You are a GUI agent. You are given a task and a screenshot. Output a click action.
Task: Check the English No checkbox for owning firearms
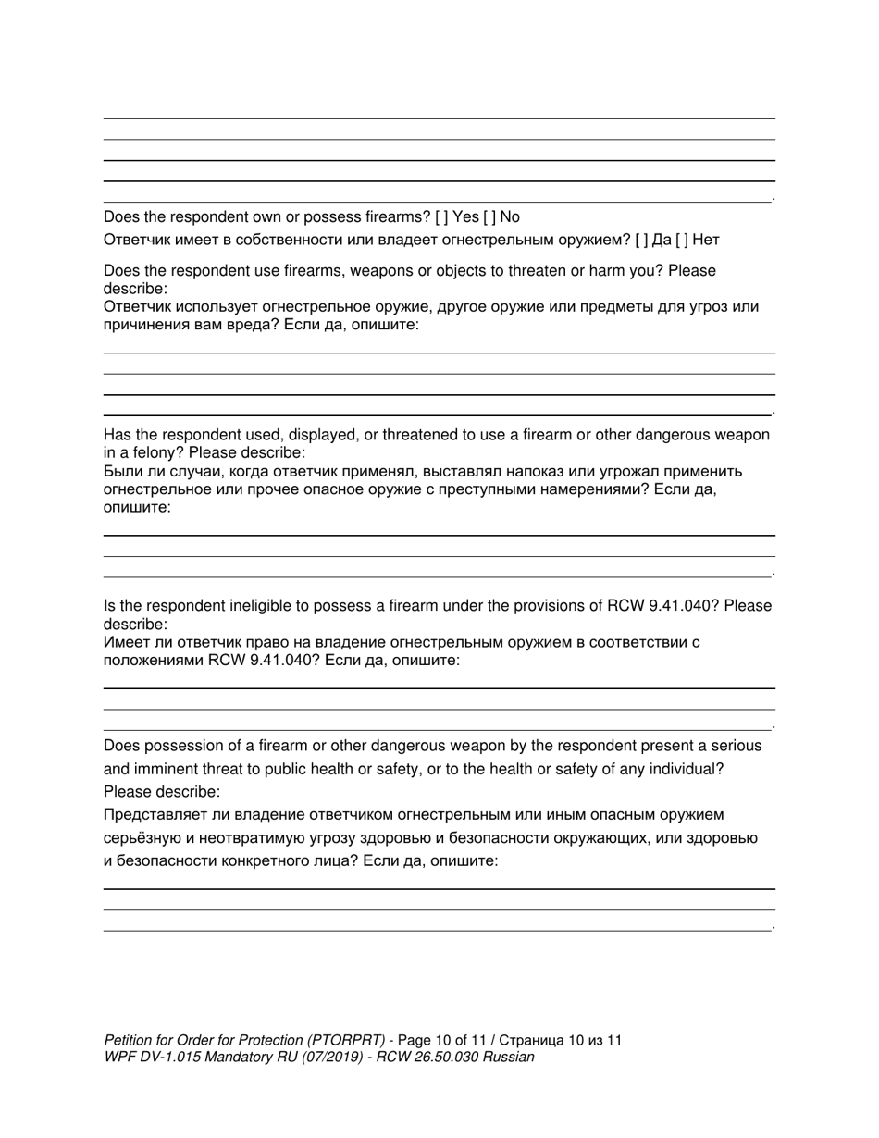point(489,217)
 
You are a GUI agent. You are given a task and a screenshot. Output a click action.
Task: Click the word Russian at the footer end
point(509,1057)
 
